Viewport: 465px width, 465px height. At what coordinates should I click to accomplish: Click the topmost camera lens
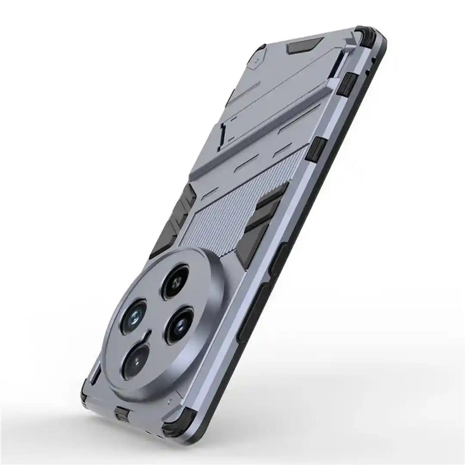click(174, 282)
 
